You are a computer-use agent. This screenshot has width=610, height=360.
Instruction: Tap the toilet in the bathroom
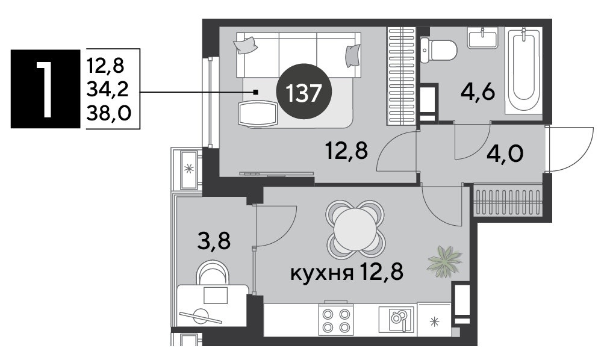point(438,50)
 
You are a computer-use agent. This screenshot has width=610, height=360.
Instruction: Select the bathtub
point(523,70)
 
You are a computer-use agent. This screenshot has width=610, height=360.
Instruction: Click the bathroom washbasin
point(482,38)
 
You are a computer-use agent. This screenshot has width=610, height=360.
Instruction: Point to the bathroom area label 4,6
point(478,93)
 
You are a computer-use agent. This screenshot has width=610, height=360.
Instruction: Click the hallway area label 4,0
point(505,154)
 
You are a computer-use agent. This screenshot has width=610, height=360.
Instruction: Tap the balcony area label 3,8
point(214,241)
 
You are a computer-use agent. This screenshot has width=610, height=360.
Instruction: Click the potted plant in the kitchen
point(444,262)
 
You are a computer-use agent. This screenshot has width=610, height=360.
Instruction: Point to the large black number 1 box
point(45,89)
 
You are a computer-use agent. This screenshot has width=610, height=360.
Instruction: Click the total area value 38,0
point(108,113)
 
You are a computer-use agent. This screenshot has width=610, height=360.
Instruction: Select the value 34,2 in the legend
point(107,90)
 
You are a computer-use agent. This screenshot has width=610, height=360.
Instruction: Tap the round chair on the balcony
point(213,273)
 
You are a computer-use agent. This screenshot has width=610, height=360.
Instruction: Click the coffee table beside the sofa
point(258,114)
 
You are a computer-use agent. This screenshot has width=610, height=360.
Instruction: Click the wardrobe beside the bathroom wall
point(401,76)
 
